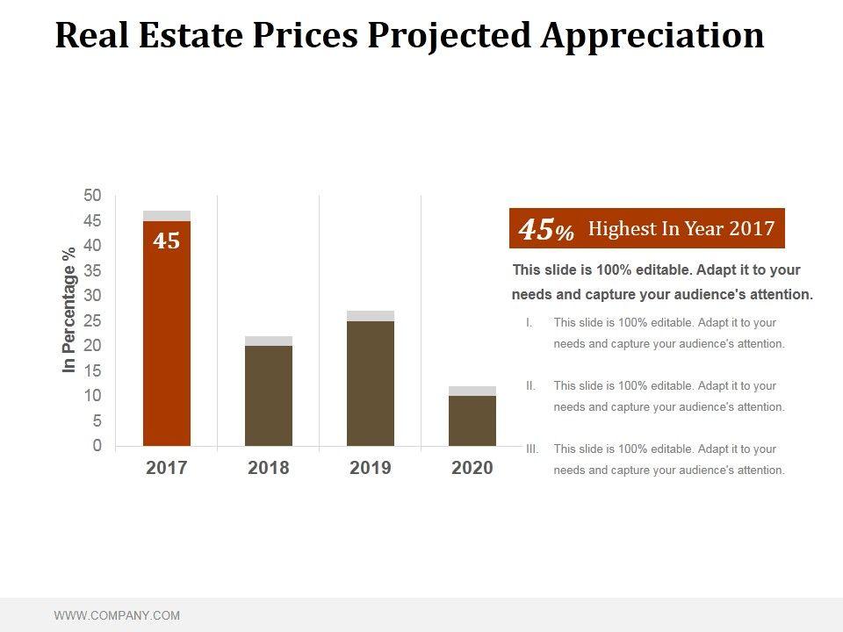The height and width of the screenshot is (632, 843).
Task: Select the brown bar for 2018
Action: [269, 395]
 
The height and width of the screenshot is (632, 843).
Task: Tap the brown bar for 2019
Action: [371, 383]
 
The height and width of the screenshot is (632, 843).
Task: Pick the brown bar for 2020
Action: [472, 420]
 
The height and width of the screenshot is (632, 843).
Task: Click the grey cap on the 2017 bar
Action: [167, 216]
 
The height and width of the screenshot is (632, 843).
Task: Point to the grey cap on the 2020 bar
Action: [472, 391]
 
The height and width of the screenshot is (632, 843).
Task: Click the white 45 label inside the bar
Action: [167, 241]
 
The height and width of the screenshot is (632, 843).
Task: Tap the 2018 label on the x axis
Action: [269, 468]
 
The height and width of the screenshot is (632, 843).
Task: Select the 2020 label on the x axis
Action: [472, 468]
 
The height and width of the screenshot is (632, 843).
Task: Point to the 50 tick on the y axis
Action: [93, 195]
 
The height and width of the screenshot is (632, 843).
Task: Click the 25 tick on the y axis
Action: [93, 320]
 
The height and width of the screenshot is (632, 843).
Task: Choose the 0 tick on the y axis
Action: [97, 446]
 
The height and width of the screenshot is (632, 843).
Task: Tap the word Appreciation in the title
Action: [652, 35]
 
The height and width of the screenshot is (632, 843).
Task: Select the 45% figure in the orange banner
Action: [545, 230]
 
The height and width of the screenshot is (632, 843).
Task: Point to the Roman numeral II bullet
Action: [530, 385]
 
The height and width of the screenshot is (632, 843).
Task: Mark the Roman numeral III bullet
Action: [531, 449]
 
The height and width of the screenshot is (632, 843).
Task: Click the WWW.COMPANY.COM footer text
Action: [117, 615]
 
